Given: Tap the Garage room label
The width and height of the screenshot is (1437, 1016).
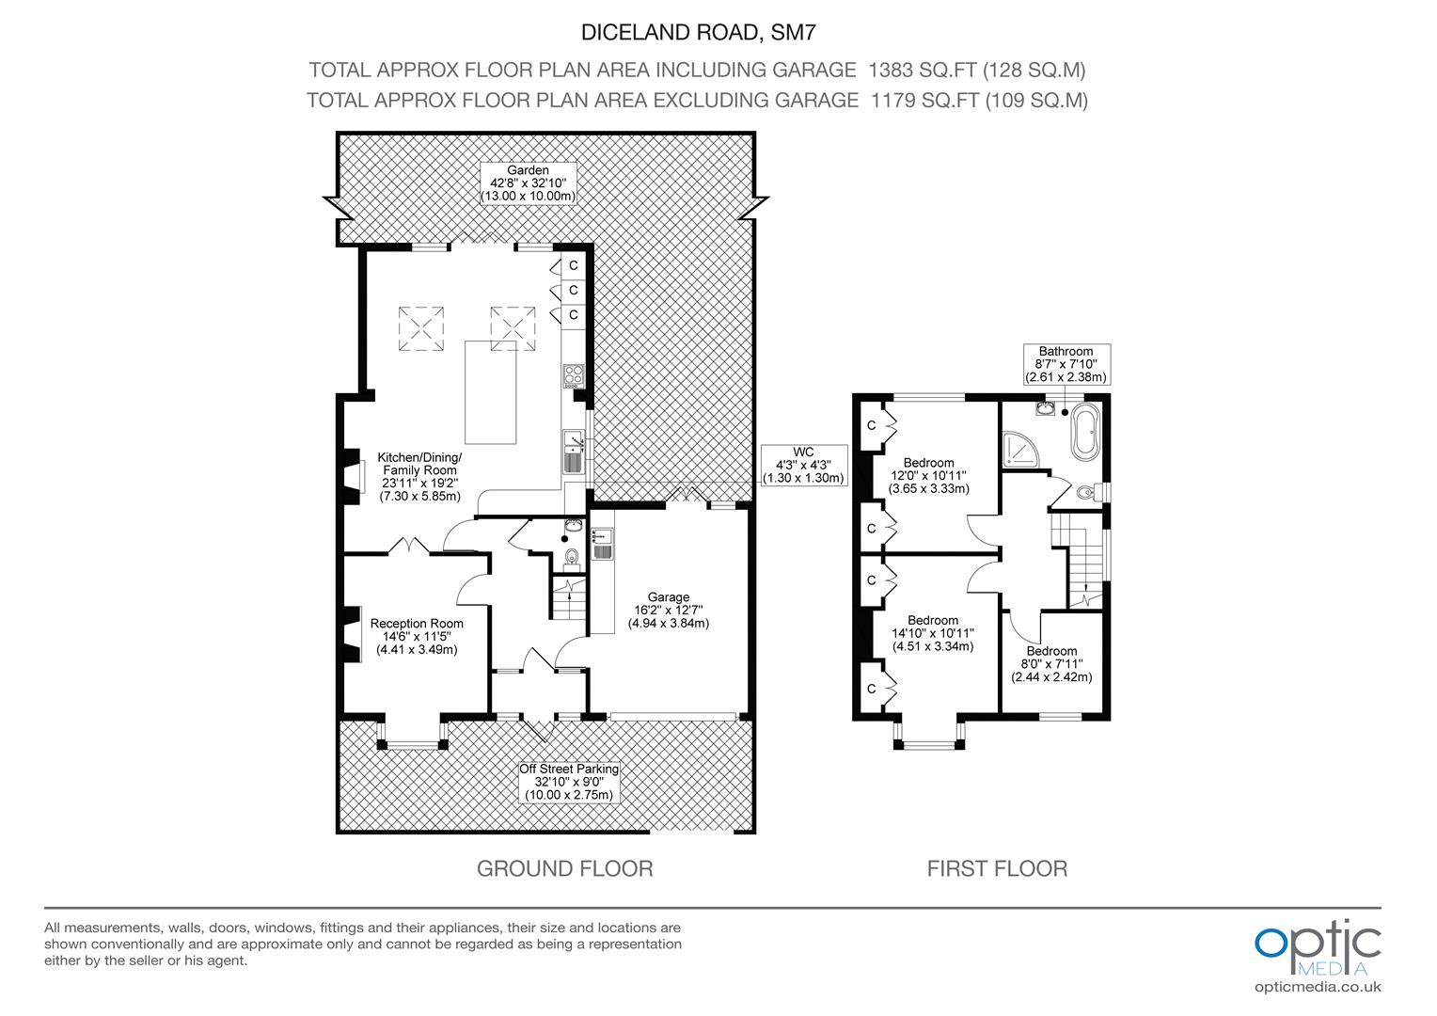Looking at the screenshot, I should pyautogui.click(x=668, y=610).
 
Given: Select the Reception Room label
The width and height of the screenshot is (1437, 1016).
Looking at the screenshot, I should pyautogui.click(x=417, y=636).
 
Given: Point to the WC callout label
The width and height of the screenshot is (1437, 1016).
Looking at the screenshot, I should pyautogui.click(x=802, y=465).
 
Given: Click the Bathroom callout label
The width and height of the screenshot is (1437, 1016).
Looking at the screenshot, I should pyautogui.click(x=1066, y=364).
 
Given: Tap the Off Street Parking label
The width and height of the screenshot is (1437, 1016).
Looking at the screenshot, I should pyautogui.click(x=569, y=782).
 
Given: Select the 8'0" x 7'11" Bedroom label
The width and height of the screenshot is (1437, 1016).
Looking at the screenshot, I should pyautogui.click(x=1051, y=664).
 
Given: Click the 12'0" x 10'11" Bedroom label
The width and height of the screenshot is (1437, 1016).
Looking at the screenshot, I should pyautogui.click(x=929, y=476).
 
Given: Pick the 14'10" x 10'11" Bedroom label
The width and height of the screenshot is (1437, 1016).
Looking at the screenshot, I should pyautogui.click(x=932, y=633).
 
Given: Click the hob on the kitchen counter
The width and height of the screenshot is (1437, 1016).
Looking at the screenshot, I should pyautogui.click(x=574, y=375).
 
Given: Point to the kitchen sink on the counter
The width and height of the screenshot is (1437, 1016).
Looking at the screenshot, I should pyautogui.click(x=574, y=451).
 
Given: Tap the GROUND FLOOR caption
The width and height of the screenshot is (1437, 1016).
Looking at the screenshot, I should pyautogui.click(x=564, y=868).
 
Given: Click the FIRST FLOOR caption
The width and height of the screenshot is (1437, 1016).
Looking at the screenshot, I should pyautogui.click(x=997, y=868).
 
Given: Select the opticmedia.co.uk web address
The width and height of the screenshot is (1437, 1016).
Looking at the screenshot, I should pyautogui.click(x=1318, y=987).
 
